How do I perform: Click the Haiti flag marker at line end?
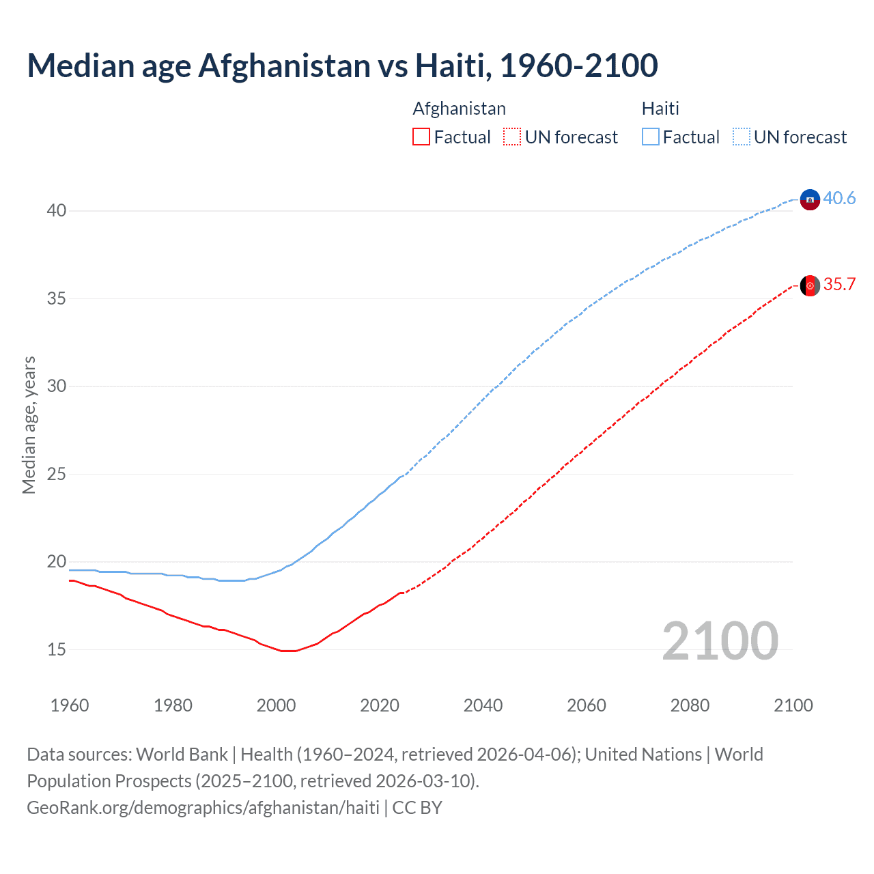tap(810, 199)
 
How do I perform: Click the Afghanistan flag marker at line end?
tap(810, 285)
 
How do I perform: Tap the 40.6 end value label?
tap(839, 198)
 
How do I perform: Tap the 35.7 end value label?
tap(839, 284)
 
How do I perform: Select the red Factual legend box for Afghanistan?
tap(421, 137)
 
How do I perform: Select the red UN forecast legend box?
tap(512, 137)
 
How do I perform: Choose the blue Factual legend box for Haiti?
tap(651, 137)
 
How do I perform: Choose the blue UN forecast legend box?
tap(742, 137)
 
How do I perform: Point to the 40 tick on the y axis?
tap(57, 210)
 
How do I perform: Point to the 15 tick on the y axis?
tap(57, 649)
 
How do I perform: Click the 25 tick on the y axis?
tap(57, 474)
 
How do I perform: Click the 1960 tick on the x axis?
tap(70, 705)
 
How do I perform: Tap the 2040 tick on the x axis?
tap(483, 705)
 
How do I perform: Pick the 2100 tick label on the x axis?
tap(793, 705)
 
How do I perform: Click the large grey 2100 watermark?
tap(720, 640)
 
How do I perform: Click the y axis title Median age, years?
tap(29, 425)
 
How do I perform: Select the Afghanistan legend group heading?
tap(459, 109)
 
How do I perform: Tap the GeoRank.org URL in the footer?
tap(203, 808)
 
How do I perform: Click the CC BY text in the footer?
tap(417, 808)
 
